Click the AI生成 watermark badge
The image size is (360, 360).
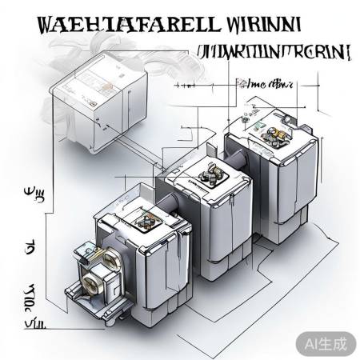325,343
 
